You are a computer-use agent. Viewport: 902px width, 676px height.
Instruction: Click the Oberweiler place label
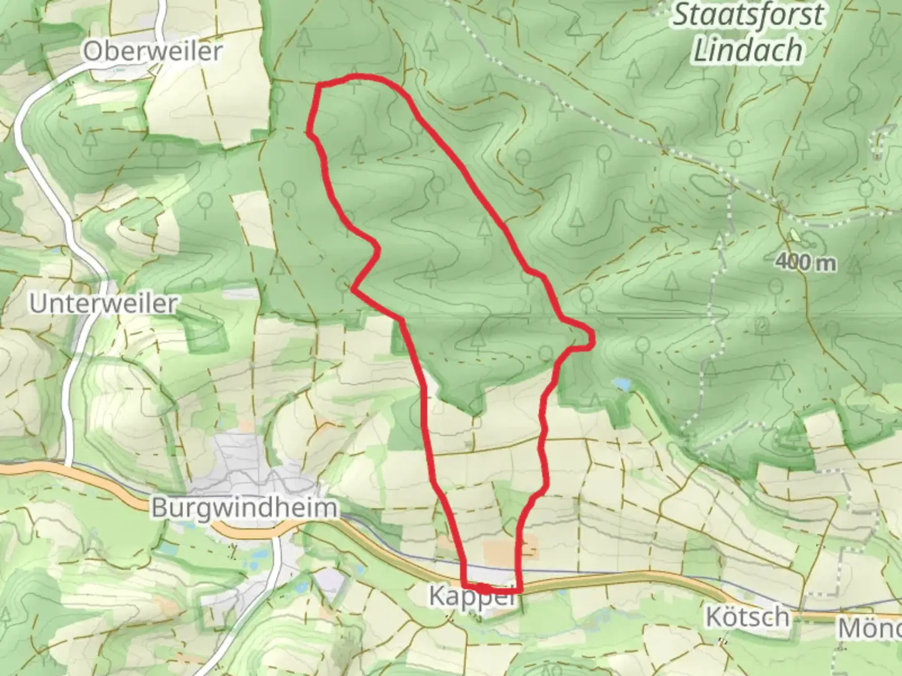pos(152,51)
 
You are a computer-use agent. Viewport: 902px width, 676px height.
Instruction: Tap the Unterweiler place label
pos(103,304)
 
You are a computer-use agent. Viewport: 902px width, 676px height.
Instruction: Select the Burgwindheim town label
pos(244,508)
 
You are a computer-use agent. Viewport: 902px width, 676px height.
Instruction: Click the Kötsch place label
pos(747,617)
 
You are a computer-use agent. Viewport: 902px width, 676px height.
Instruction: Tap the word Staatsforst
pos(748,15)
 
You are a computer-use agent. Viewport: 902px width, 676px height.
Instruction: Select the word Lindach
pos(747,50)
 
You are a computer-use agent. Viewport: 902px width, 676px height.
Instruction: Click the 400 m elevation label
pos(805,263)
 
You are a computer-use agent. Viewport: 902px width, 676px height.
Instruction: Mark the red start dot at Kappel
pos(484,588)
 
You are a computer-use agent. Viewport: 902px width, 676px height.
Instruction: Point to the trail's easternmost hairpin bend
pos(590,338)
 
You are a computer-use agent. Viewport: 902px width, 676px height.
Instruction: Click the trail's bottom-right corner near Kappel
pos(519,590)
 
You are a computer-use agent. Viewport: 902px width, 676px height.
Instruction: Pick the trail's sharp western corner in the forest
pos(355,289)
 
